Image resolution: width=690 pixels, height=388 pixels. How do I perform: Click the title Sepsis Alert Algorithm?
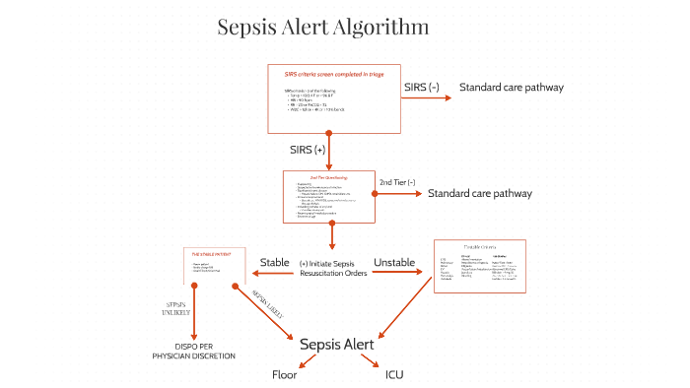(x=322, y=28)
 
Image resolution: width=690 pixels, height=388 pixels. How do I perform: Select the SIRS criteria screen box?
(x=334, y=98)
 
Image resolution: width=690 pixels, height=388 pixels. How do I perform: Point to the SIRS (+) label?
(x=307, y=150)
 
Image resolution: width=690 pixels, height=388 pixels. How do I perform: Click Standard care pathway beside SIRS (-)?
(x=511, y=88)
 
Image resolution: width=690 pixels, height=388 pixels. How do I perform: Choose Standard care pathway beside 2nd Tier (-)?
(x=479, y=193)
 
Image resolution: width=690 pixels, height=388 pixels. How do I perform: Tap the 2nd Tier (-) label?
(x=397, y=182)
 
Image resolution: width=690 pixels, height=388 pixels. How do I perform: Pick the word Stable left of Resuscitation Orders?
(x=274, y=262)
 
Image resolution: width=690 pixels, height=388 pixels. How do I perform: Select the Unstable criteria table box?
(x=479, y=266)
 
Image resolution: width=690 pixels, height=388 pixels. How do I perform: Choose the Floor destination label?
(x=284, y=375)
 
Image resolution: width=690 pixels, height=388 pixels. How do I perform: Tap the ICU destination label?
(x=394, y=375)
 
